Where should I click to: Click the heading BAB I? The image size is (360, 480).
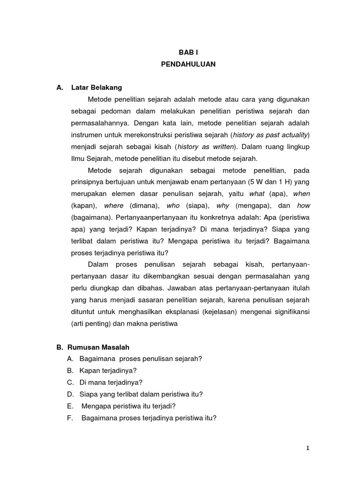coord(188,53)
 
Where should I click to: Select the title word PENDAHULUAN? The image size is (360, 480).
coord(188,65)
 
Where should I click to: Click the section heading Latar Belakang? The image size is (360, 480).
coord(97,88)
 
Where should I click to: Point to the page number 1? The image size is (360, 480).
coord(307,448)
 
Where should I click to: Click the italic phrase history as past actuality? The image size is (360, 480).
coord(271,135)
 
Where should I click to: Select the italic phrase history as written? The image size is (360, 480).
coord(208,147)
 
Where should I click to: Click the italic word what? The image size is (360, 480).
coord(257,194)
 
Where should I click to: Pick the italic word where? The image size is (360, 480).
coord(114,205)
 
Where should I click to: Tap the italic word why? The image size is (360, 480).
coord(223,205)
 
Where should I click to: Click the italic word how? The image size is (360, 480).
coord(303,205)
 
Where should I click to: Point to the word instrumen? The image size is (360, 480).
coord(86,135)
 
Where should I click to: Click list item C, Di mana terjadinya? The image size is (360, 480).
coord(111,382)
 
